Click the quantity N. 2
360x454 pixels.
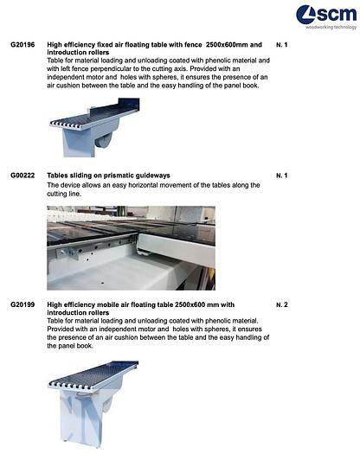click(x=281, y=304)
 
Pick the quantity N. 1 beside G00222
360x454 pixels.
click(x=281, y=176)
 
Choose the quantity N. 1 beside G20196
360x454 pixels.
click(x=281, y=43)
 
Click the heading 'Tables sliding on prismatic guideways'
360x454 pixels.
click(x=108, y=176)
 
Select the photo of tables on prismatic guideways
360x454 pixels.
click(x=130, y=247)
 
